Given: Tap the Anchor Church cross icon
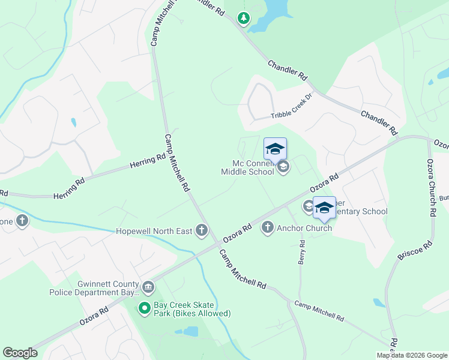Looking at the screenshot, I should (268, 227).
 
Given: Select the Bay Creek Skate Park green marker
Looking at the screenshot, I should (144, 308).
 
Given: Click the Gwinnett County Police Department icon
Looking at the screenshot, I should (148, 288).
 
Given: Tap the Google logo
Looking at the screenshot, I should (20, 352).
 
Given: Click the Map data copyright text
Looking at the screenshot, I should (412, 355).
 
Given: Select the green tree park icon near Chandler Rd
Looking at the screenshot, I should (243, 19).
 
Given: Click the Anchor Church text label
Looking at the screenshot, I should (304, 228).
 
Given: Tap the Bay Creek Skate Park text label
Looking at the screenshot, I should (192, 309).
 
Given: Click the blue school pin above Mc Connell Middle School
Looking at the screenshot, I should (275, 149).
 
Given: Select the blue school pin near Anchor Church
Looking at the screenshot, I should (324, 208).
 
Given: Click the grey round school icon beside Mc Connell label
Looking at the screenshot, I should (283, 168).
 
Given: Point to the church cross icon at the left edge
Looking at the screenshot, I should (22, 221).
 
